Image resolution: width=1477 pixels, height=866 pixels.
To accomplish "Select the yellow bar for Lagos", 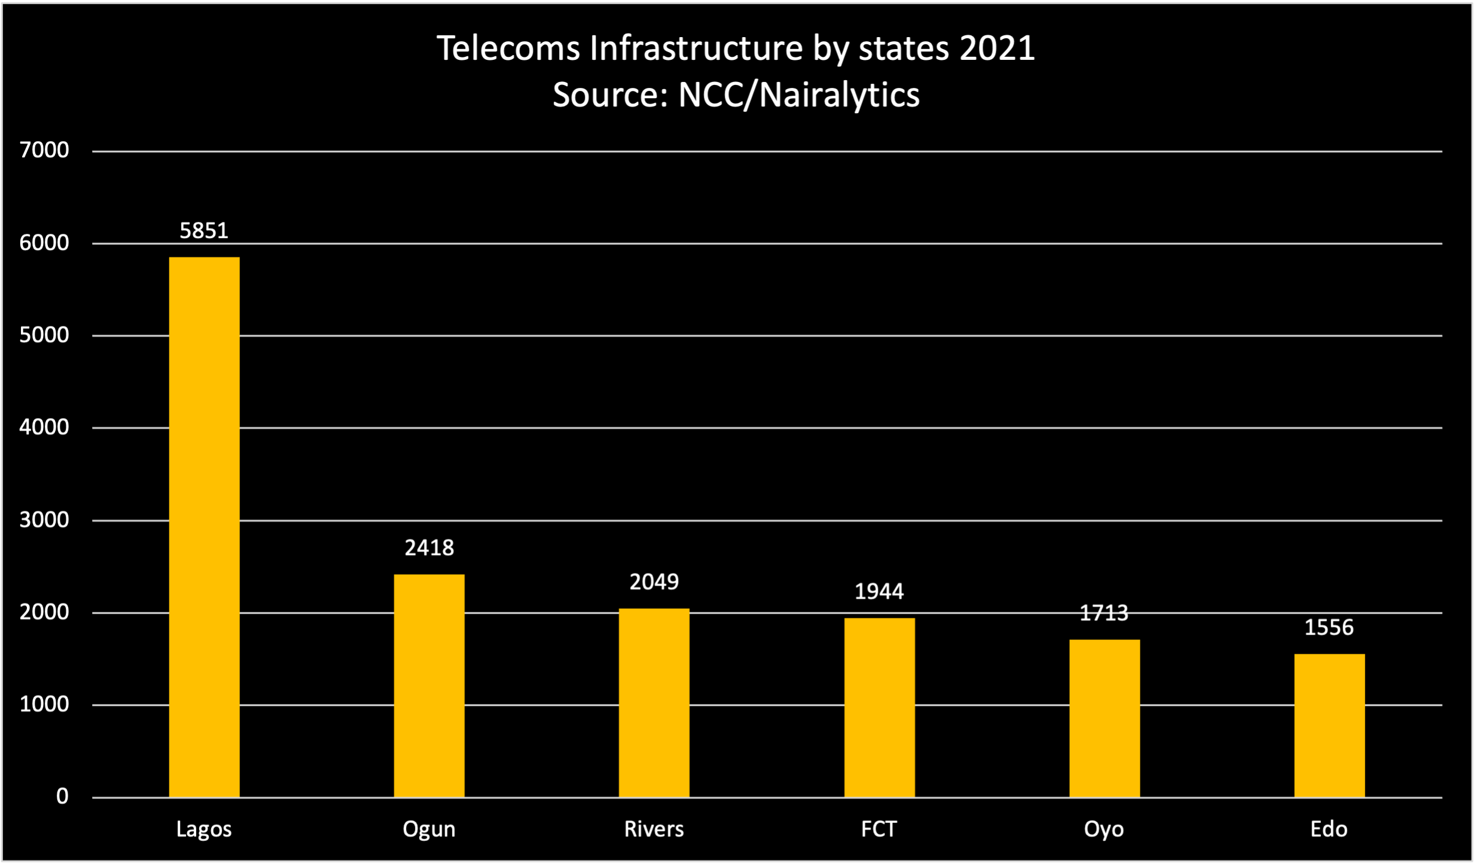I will click(x=204, y=526).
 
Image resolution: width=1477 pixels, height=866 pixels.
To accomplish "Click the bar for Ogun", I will click(x=429, y=685).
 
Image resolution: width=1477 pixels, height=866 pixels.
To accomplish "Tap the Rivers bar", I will click(x=654, y=702).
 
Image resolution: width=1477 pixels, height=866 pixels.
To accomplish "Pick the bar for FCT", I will click(x=879, y=707).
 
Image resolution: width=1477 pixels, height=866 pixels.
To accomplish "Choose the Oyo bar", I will click(x=1104, y=718).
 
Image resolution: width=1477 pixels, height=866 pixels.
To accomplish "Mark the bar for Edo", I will click(x=1329, y=725).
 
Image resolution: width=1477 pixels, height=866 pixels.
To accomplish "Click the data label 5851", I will click(x=204, y=231).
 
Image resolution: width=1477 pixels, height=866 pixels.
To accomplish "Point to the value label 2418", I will click(x=429, y=548).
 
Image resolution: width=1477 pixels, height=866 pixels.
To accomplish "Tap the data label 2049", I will click(x=654, y=582).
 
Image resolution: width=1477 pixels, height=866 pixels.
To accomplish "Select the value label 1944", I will click(x=879, y=591).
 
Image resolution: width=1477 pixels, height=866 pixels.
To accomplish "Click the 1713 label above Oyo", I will click(x=1104, y=613).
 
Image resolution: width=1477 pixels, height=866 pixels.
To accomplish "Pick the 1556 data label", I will click(x=1329, y=627).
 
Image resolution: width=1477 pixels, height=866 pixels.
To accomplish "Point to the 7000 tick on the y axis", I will click(x=44, y=150).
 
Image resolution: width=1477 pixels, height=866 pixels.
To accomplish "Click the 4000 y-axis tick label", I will click(x=44, y=427).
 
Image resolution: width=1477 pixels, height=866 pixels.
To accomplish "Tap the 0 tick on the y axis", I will click(x=62, y=796).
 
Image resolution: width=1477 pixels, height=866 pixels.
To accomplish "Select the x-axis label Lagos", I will click(x=204, y=830).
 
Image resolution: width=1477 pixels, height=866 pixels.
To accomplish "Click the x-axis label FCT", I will click(x=879, y=830).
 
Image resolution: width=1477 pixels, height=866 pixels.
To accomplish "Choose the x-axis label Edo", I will click(x=1329, y=830).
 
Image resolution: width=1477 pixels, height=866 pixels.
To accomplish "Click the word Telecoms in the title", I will click(x=508, y=48).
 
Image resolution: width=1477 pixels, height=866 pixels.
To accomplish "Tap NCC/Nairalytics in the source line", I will click(x=798, y=95).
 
